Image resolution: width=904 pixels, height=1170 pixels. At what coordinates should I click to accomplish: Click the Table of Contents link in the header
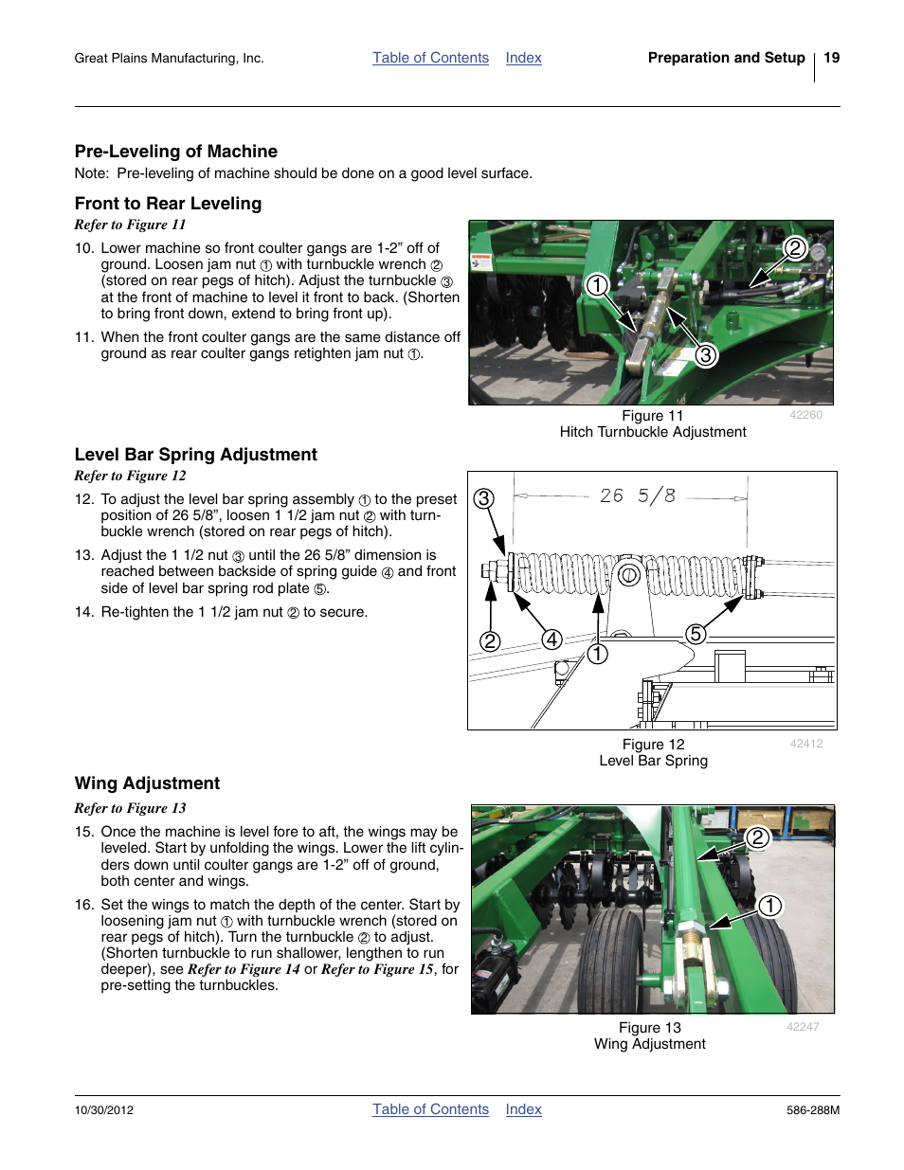tap(430, 58)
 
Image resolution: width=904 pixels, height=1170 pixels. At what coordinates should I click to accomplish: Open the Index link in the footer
tap(523, 1109)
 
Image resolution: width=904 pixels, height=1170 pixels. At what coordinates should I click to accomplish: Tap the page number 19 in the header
tap(831, 58)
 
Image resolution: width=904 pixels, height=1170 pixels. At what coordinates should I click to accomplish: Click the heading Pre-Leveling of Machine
tap(176, 152)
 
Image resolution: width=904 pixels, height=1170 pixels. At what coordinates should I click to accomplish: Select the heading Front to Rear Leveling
tap(168, 204)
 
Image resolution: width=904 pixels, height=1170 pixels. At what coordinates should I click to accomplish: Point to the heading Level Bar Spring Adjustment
tap(195, 455)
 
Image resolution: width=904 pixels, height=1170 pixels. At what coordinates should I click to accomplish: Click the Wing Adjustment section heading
tap(147, 783)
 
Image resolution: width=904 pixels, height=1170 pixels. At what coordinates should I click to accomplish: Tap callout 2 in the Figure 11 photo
tap(794, 248)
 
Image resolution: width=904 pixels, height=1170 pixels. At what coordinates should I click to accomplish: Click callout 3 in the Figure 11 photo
tap(705, 355)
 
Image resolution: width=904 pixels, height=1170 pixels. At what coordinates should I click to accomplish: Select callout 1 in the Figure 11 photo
tap(596, 284)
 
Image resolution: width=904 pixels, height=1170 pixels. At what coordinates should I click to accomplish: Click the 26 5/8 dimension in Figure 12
tap(637, 495)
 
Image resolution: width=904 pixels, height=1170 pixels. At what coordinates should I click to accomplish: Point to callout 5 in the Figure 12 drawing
tap(696, 634)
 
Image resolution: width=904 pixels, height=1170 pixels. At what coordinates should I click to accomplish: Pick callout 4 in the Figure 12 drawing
tap(551, 639)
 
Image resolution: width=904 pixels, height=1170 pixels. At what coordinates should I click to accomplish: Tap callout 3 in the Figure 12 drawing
tap(484, 498)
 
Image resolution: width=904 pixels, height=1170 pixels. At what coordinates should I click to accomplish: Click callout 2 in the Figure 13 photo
tap(756, 837)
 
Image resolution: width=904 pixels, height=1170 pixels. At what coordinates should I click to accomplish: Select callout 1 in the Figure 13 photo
tap(769, 906)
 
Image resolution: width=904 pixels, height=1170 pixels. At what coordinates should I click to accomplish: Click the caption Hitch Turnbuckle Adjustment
tap(653, 432)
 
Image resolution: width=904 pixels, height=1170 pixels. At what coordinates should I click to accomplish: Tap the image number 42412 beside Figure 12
tap(806, 744)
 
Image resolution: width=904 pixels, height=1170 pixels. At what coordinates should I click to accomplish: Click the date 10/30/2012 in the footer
tap(104, 1110)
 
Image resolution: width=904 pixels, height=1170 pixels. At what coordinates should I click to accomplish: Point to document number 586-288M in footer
tap(812, 1110)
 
